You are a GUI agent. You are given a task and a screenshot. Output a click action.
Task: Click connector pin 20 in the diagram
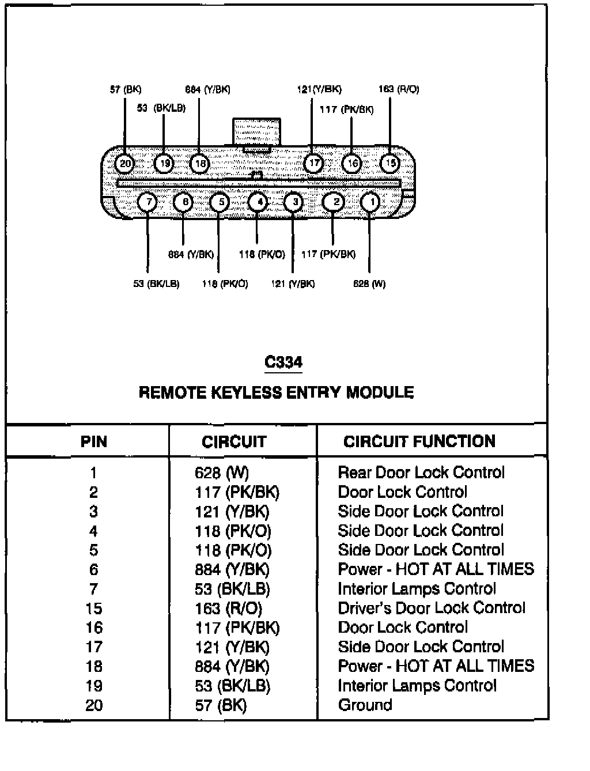click(124, 164)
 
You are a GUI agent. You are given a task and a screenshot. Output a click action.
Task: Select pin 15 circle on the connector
click(390, 163)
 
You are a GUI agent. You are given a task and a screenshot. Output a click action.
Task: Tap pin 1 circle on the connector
click(370, 202)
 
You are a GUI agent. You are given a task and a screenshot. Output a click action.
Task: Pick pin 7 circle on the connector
click(148, 202)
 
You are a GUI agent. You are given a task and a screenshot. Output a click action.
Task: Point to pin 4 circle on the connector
click(258, 202)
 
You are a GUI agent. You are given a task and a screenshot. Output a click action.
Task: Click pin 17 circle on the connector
click(313, 164)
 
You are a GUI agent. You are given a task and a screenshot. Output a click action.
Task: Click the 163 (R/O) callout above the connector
click(399, 89)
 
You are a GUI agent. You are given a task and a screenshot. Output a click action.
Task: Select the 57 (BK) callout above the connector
click(126, 89)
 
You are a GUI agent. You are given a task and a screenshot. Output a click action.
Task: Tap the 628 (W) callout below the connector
click(369, 284)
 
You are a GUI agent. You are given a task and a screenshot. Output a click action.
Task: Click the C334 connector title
click(283, 362)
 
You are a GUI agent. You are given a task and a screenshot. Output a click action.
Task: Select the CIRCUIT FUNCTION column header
click(419, 441)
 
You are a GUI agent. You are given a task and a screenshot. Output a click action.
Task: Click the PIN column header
click(93, 442)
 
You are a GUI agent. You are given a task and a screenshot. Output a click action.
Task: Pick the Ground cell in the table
click(365, 705)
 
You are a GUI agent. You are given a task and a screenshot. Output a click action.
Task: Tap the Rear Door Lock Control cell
click(421, 473)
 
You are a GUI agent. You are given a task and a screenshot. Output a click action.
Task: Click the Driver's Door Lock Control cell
click(432, 608)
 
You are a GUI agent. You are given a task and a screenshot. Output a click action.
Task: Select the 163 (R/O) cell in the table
click(228, 609)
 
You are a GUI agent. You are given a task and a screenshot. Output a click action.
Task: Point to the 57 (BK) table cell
click(221, 705)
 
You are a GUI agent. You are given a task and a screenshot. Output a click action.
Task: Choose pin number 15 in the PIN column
click(93, 609)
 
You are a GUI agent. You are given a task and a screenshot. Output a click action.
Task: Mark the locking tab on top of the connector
click(256, 134)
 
